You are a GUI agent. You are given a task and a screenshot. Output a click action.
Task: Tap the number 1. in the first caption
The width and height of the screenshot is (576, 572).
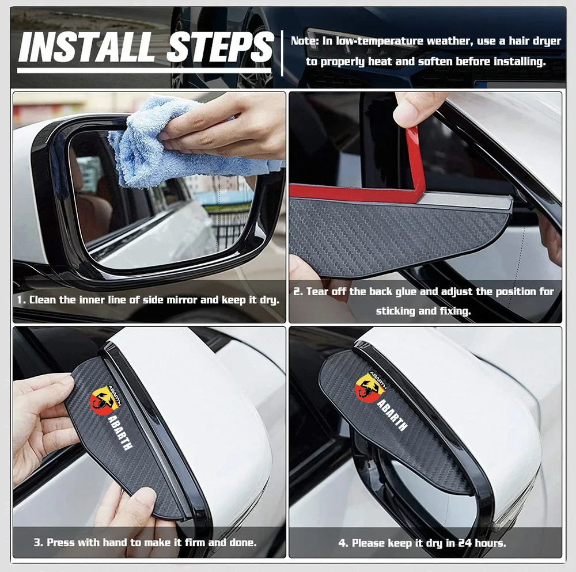(x=21, y=300)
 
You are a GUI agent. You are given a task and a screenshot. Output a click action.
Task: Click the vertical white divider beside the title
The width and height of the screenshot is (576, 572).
(x=282, y=53)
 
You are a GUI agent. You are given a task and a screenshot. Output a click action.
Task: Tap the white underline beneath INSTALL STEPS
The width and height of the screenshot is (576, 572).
(x=144, y=70)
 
